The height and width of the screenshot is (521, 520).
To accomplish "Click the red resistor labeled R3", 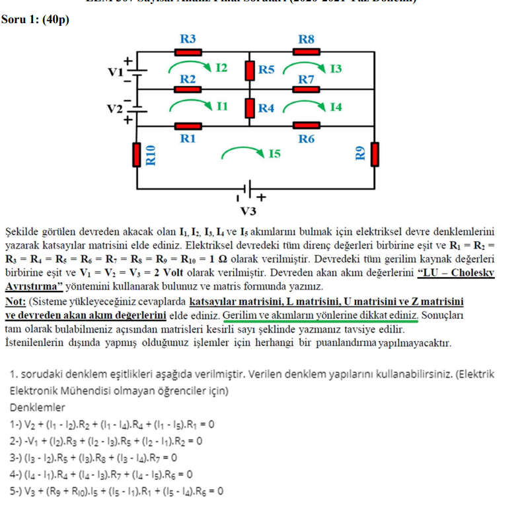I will tap(188, 52).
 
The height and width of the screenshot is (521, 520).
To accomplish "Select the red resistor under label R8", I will tap(306, 52).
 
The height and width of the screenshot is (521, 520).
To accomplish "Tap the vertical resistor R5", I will tap(250, 69).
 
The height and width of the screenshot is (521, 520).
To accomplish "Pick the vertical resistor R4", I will tap(250, 107).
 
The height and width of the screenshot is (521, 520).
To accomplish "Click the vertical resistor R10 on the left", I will tap(137, 154).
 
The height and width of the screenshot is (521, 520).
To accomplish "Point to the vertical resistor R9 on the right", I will tap(375, 154).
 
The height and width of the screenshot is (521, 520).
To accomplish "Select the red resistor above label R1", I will tap(188, 126).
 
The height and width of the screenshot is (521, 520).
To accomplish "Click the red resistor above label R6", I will tap(306, 126).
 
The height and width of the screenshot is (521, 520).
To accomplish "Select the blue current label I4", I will tap(336, 107).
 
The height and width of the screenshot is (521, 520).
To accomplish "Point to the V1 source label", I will tap(117, 71).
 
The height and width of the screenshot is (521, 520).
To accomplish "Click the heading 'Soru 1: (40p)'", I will tap(35, 19).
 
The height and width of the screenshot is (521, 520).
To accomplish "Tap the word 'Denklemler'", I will tap(38, 407).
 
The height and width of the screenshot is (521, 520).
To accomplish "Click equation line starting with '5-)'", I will tap(116, 491).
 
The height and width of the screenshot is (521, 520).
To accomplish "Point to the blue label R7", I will tap(306, 80).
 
